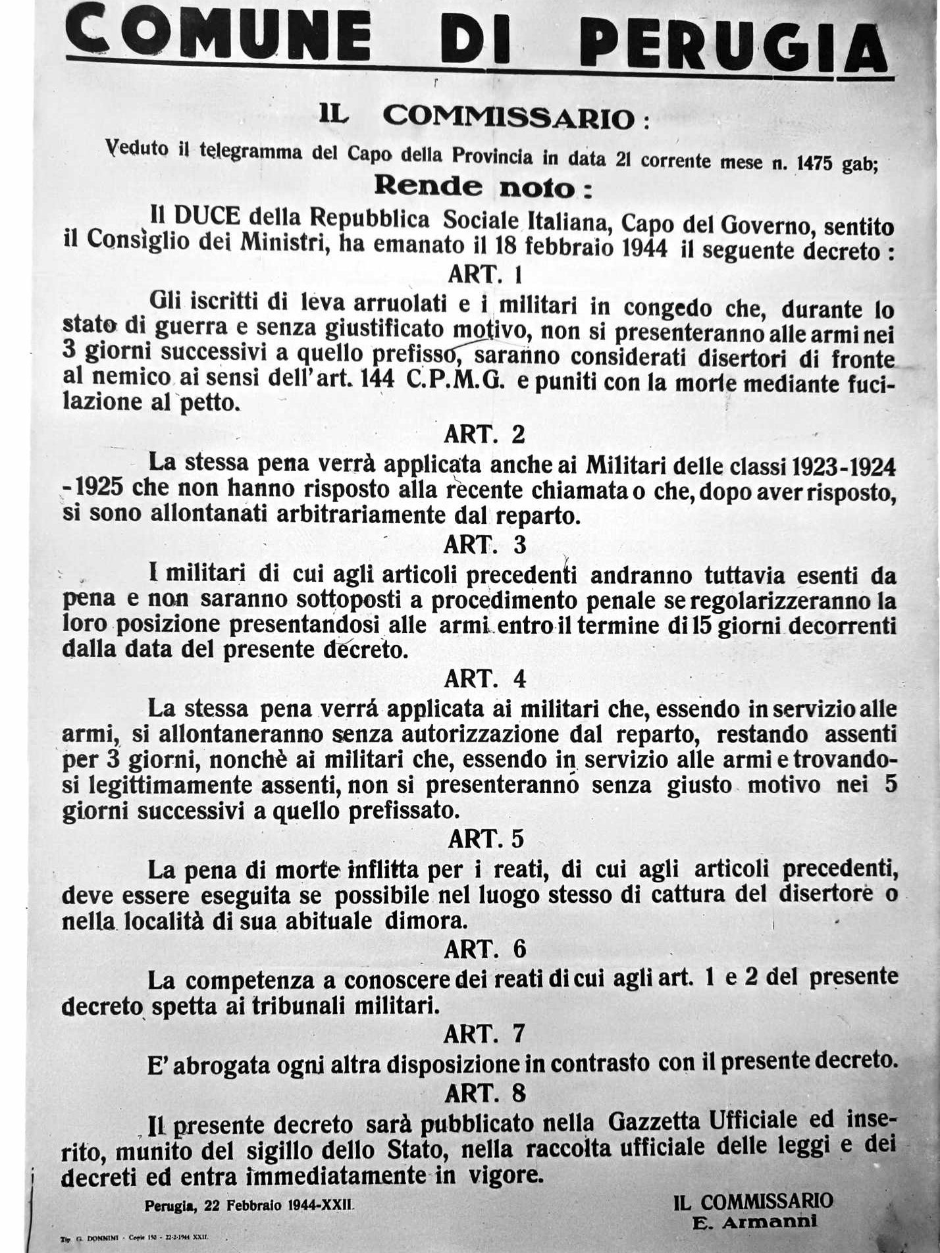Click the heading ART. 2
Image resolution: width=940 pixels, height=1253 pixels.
pos(485,435)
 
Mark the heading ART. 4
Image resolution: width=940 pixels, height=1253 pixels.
pos(485,679)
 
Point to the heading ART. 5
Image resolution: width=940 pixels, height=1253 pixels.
pos(485,840)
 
